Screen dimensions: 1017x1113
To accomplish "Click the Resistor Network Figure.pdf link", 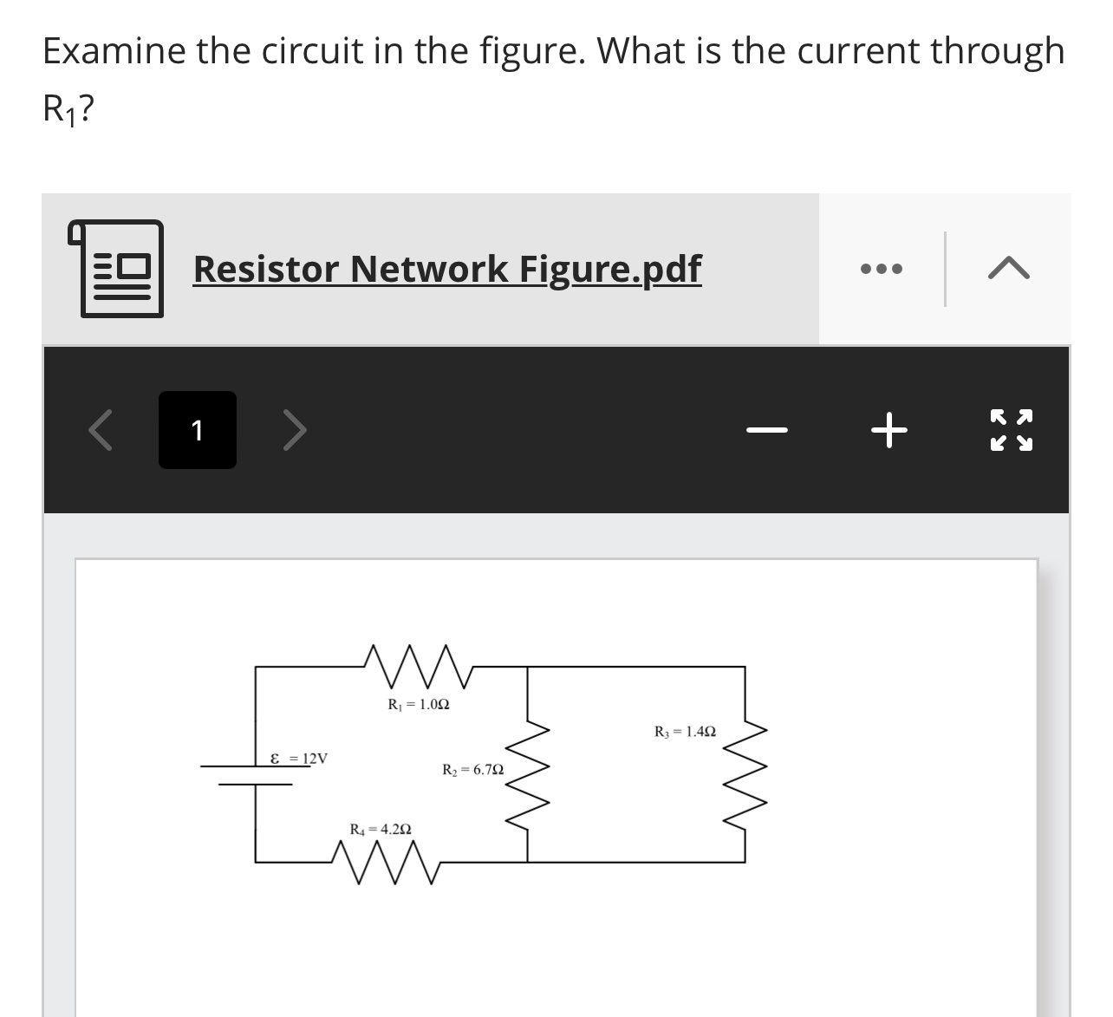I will click(x=446, y=269).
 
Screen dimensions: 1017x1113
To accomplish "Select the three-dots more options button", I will click(x=882, y=270).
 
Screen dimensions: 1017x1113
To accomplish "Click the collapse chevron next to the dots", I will click(x=1008, y=270).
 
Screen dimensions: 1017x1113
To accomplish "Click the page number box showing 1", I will click(x=197, y=430).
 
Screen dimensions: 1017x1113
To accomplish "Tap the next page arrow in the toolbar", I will click(x=295, y=430).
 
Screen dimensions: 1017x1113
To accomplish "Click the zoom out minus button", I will click(x=768, y=430).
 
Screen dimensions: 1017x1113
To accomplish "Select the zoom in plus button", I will click(x=890, y=430).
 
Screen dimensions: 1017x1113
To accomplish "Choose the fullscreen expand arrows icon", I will click(x=1012, y=430).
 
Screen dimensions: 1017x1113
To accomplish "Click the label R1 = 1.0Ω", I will click(x=419, y=704).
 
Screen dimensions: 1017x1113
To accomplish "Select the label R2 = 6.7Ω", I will click(x=472, y=770).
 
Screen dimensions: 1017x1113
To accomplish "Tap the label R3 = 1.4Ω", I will click(x=685, y=732).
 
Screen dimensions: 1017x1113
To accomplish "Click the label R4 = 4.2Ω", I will click(x=380, y=829).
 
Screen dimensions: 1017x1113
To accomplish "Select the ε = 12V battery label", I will click(x=299, y=759).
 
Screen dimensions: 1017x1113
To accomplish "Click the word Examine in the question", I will click(x=114, y=50).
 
